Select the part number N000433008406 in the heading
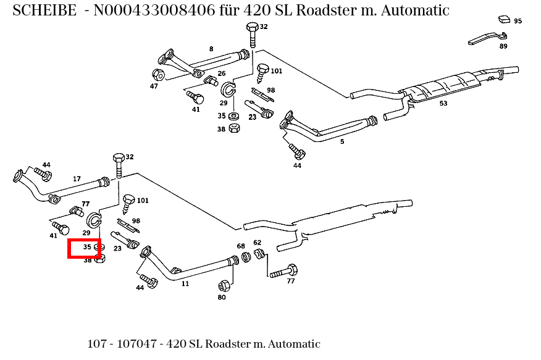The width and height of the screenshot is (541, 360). [x=153, y=10]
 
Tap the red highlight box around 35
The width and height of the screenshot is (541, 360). [x=85, y=248]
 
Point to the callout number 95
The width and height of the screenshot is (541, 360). [x=518, y=21]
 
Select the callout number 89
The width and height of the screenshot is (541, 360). [x=503, y=46]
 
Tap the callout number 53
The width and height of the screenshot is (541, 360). [x=443, y=103]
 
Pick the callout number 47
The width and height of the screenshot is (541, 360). [x=154, y=86]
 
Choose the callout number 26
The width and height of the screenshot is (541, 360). [x=221, y=73]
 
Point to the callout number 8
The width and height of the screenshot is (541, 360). [x=211, y=49]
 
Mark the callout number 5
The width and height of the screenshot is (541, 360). [x=342, y=141]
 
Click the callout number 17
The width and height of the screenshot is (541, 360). [x=77, y=179]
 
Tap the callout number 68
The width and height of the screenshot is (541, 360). [x=241, y=246]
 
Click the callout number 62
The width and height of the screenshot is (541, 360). [x=258, y=243]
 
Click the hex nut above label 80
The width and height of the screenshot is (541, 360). [x=224, y=285]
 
